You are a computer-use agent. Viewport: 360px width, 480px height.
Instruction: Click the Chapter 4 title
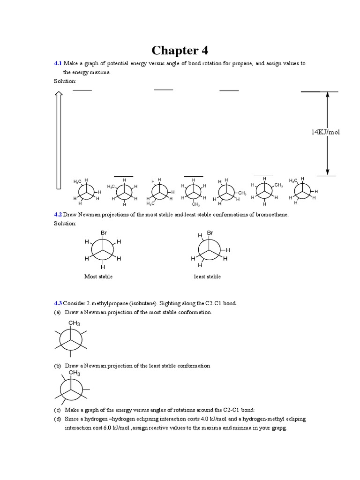(180, 50)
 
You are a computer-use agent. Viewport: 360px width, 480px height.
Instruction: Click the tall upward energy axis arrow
(59, 140)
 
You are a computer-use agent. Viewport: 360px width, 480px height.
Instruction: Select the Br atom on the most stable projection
(104, 232)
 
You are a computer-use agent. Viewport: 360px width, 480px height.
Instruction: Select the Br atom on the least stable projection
(210, 232)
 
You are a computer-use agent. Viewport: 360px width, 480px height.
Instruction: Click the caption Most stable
(98, 277)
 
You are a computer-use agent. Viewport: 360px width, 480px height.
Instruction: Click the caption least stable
(207, 277)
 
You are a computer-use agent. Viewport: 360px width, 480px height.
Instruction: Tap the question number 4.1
(58, 63)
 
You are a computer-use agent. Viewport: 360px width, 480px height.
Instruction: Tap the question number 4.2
(58, 215)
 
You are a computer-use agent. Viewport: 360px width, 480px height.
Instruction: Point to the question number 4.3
(58, 303)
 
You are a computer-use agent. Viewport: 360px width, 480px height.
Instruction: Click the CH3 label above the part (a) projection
(75, 323)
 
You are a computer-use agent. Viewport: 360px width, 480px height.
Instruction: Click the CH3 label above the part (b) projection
(75, 374)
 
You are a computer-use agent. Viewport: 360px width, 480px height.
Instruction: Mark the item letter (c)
(57, 410)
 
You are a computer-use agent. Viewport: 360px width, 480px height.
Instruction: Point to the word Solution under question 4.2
(65, 224)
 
